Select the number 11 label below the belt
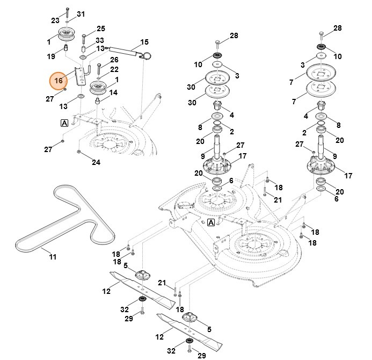(52, 257)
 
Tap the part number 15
(144, 42)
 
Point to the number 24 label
(96, 162)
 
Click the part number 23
(55, 20)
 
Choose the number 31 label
(81, 14)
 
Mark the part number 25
(101, 28)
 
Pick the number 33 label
(100, 40)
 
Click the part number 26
(114, 60)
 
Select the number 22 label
(114, 69)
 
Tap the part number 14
(114, 92)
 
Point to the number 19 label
(51, 56)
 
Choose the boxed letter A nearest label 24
(64, 123)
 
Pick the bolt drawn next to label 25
(84, 37)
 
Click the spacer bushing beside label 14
(99, 99)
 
